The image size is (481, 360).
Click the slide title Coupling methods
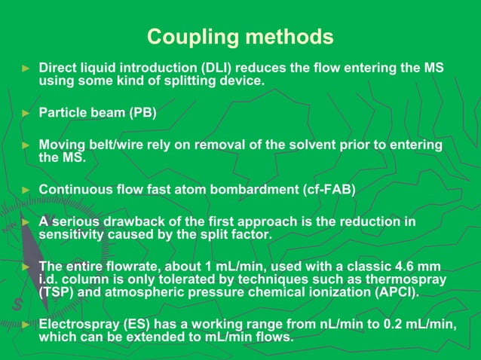point(240,36)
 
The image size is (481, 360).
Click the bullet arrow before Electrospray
point(25,325)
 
